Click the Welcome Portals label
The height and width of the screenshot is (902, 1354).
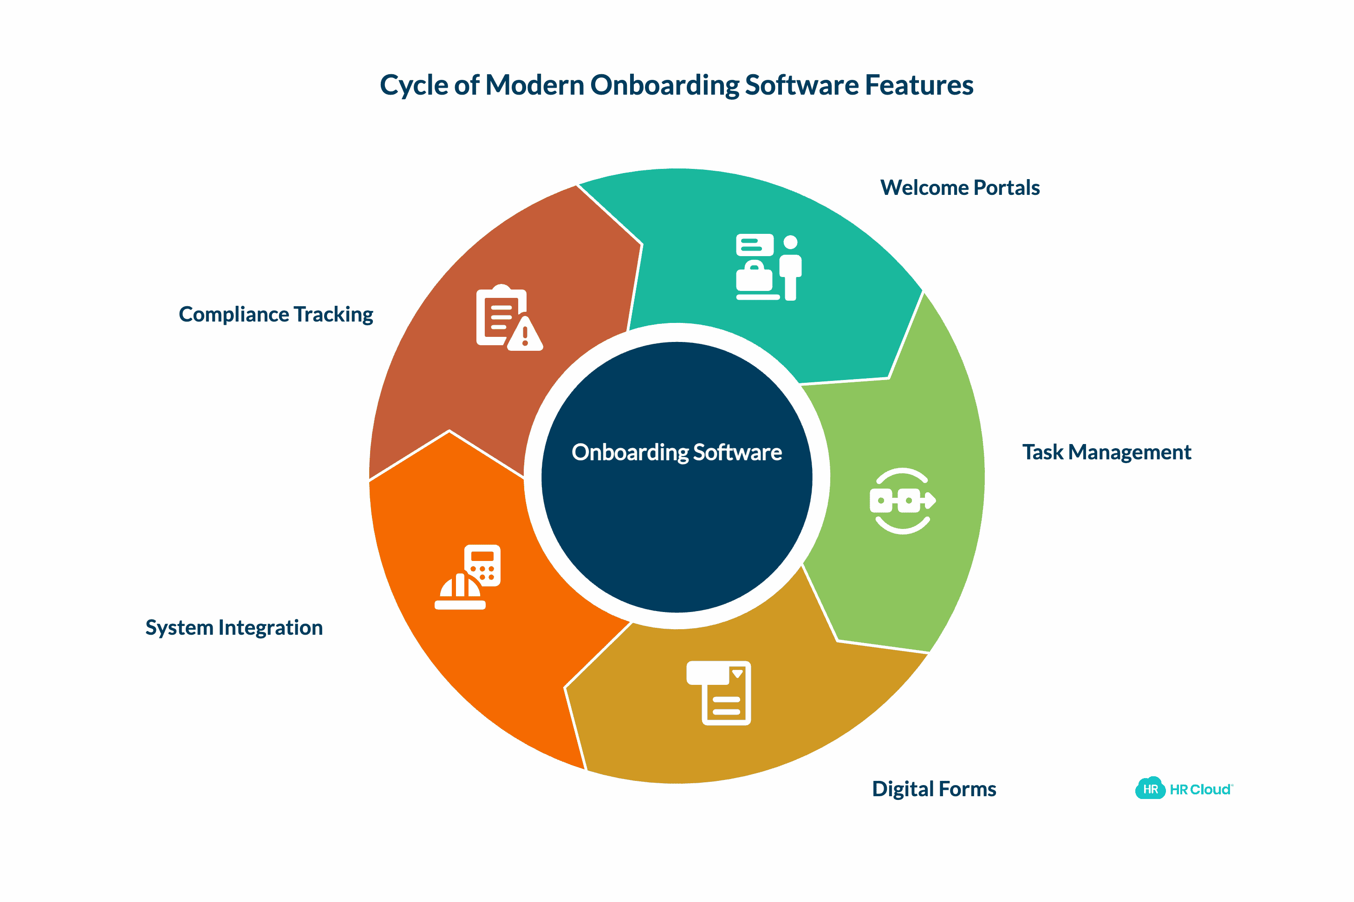point(960,187)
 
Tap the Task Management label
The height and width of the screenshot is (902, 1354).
point(1107,452)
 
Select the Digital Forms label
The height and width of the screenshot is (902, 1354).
point(934,789)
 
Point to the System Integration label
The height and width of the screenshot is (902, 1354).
point(234,627)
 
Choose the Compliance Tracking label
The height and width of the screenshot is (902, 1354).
point(276,314)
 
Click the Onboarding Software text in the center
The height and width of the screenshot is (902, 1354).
point(677,452)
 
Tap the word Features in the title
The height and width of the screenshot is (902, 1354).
point(919,85)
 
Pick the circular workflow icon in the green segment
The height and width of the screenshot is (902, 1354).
point(902,501)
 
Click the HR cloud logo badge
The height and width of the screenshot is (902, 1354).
point(1150,789)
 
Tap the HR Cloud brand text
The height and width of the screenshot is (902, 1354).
point(1200,789)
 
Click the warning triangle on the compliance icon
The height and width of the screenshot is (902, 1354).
point(525,335)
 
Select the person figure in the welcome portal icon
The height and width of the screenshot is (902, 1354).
point(790,268)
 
